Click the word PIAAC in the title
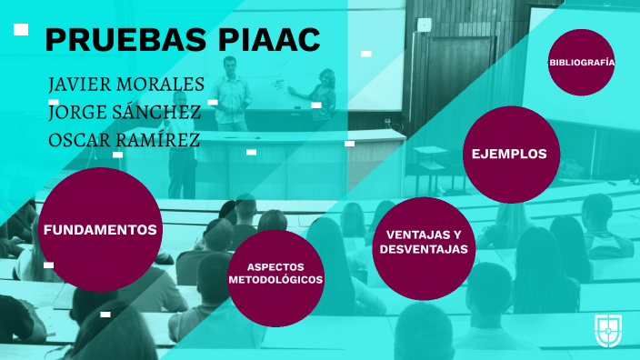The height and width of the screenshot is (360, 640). pyautogui.click(x=270, y=40)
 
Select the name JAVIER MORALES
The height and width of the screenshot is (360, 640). pyautogui.click(x=126, y=85)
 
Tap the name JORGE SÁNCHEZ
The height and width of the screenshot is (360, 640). pyautogui.click(x=125, y=113)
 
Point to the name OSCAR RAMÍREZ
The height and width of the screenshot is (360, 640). pyautogui.click(x=125, y=141)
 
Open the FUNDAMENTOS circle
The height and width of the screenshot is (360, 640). pyautogui.click(x=100, y=230)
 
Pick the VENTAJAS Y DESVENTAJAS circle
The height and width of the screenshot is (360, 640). pyautogui.click(x=424, y=242)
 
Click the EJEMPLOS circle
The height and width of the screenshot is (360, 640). pyautogui.click(x=509, y=154)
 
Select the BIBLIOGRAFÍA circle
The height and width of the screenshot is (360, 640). pyautogui.click(x=582, y=63)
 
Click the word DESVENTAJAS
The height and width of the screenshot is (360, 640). pyautogui.click(x=424, y=249)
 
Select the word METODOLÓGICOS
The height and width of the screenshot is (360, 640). pyautogui.click(x=275, y=280)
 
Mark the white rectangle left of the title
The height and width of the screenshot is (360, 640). pyautogui.click(x=21, y=30)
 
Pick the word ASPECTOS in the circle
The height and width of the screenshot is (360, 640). pyautogui.click(x=275, y=266)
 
